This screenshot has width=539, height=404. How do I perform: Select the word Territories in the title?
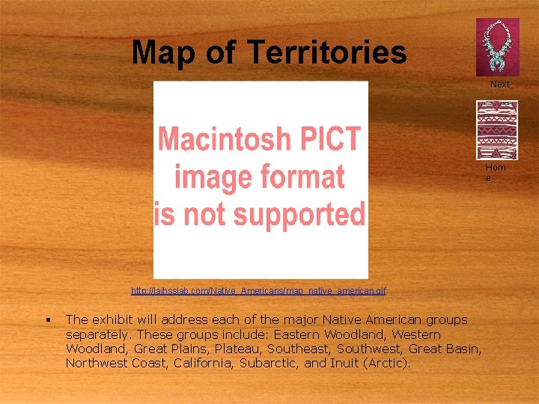click(326, 52)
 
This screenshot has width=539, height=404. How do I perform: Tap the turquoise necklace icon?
click(497, 46)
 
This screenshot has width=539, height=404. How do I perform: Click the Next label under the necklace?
click(499, 85)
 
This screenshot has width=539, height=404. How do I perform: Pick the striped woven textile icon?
click(497, 128)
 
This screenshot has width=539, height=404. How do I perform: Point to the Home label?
click(495, 172)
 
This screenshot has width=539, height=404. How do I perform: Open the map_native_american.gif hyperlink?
click(258, 290)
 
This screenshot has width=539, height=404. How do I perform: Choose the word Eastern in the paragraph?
click(302, 334)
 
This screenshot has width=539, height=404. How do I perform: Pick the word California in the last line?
click(204, 363)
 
